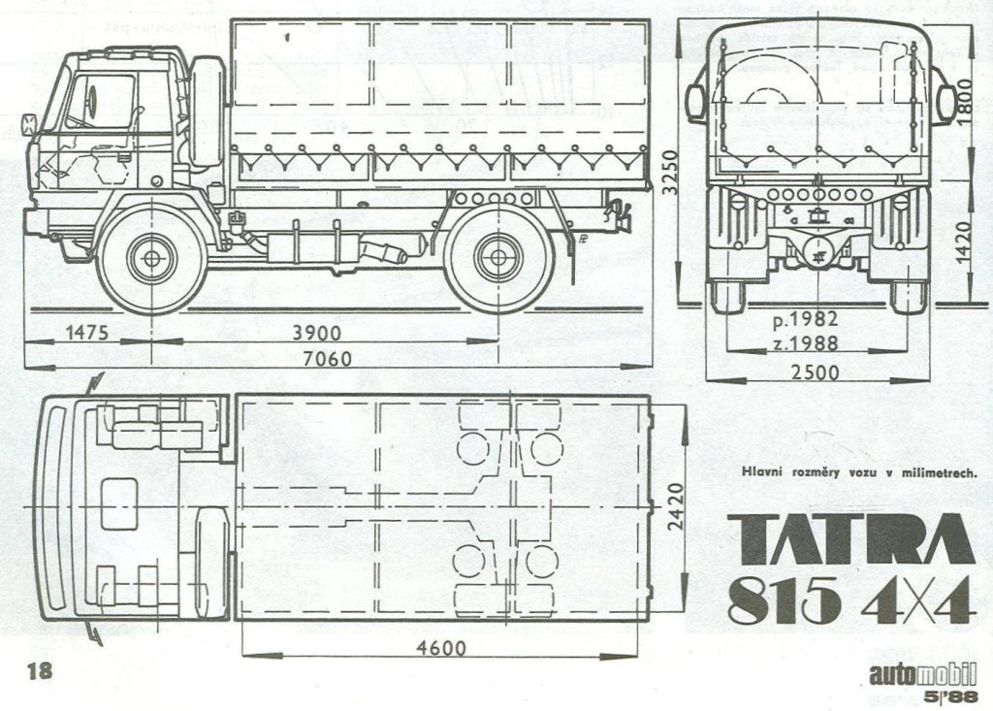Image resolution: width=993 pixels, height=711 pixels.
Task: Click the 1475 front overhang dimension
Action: (x=86, y=333)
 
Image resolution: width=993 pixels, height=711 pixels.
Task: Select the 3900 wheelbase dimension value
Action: (x=316, y=334)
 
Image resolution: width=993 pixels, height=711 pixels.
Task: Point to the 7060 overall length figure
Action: (x=327, y=359)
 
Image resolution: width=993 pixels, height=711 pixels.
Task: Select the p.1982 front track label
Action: (x=805, y=319)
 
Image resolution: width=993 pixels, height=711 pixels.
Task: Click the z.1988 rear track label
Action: (x=805, y=342)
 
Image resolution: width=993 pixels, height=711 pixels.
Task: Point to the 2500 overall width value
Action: (x=815, y=372)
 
